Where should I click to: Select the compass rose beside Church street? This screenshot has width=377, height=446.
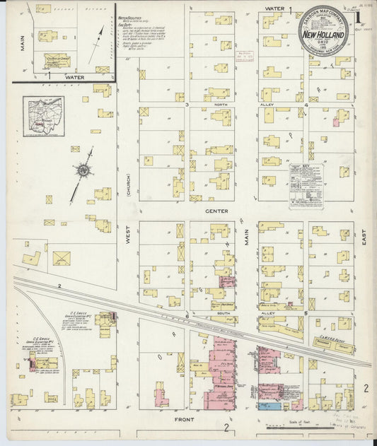83,170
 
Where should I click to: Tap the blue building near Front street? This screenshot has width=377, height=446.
267,406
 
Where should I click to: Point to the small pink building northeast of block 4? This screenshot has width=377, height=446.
336,122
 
